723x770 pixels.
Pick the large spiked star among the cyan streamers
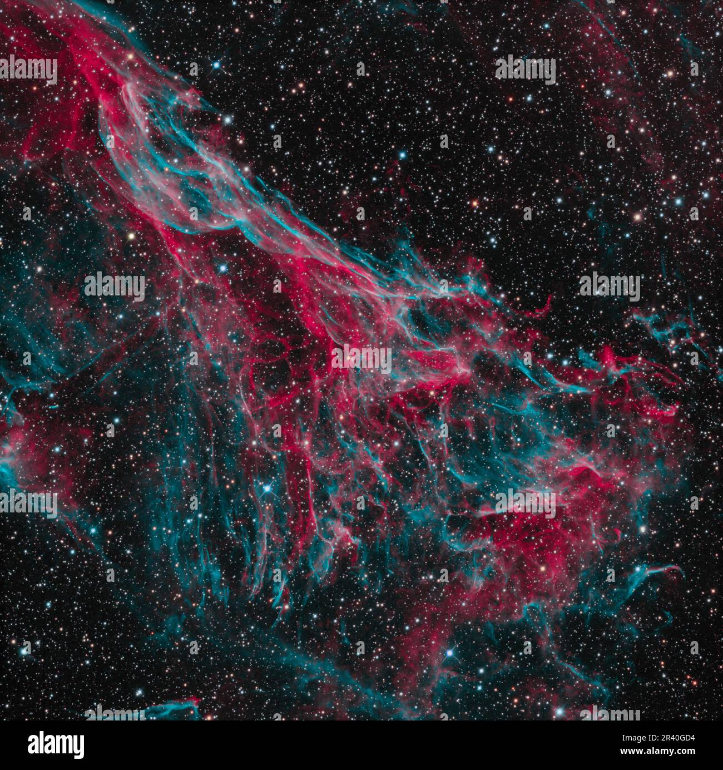point(268,488)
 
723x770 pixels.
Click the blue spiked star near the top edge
point(216,65)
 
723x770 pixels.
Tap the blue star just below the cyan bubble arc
point(224,268)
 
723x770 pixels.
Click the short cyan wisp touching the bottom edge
point(172,709)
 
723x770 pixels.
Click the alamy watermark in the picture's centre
point(361,358)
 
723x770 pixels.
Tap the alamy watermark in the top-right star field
point(525,71)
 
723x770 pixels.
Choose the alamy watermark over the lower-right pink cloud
point(525,504)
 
